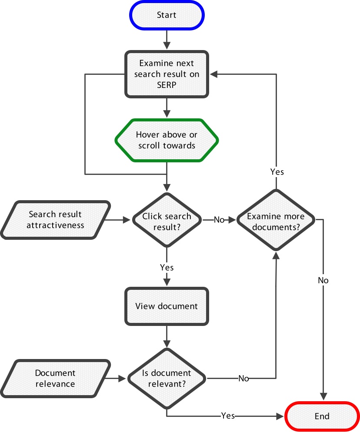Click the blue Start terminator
point(167,15)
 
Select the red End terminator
point(322,416)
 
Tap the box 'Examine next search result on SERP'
point(167,74)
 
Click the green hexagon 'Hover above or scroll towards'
point(167,140)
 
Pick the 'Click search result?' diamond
point(167,220)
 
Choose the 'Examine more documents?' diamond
point(276,220)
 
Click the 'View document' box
point(167,306)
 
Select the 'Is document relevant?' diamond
point(167,378)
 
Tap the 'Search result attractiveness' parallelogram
point(56,220)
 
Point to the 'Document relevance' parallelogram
point(56,378)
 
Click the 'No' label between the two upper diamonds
point(219,220)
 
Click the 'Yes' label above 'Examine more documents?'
point(277,172)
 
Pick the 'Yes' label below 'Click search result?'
point(167,267)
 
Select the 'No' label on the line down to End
point(323,280)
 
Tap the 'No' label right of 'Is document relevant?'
point(243,378)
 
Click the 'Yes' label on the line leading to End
point(228,416)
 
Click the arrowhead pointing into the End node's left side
point(280,416)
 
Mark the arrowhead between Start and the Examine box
point(167,45)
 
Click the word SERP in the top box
point(167,85)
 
